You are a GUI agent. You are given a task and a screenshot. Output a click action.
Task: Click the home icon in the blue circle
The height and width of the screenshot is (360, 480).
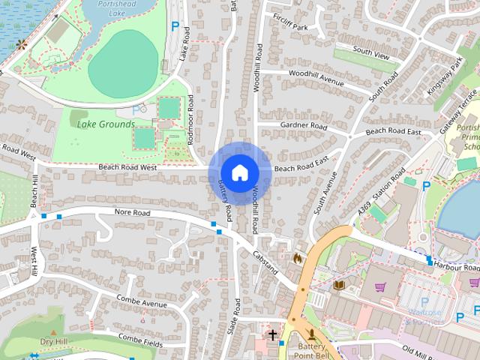[x=239, y=172]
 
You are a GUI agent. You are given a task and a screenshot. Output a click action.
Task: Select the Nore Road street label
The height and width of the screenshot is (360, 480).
[x=133, y=213]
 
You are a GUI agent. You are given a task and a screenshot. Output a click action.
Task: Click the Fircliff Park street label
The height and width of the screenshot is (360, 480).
[x=290, y=27]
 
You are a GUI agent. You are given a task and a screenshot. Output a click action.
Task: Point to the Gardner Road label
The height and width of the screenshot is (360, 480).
[x=304, y=125]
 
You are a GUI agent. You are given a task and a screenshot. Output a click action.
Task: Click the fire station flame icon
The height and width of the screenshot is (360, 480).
[x=298, y=258]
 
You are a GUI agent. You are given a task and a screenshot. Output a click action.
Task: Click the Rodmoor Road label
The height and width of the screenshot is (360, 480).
[x=190, y=119]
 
